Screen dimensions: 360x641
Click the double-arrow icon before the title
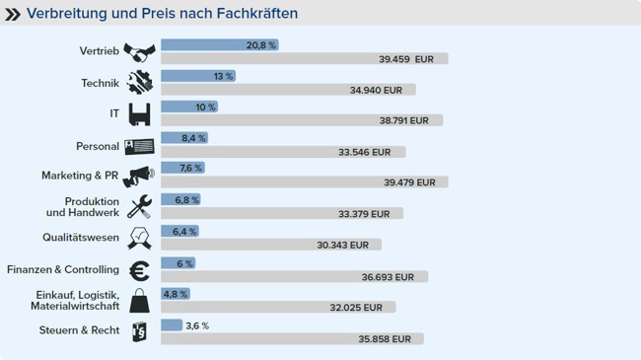(x=13, y=14)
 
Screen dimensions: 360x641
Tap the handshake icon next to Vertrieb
(x=140, y=52)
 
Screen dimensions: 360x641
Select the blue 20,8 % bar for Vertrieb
(x=219, y=45)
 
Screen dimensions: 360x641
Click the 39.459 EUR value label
(x=405, y=59)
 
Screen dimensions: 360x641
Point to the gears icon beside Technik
(x=140, y=84)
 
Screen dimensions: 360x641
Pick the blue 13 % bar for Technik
(x=197, y=76)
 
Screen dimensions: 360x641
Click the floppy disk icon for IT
(x=140, y=114)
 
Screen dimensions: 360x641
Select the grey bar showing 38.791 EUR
(x=301, y=120)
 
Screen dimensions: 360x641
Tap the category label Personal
(x=98, y=146)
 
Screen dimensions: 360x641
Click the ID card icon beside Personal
(x=140, y=146)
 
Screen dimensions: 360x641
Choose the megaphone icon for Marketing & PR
(x=140, y=176)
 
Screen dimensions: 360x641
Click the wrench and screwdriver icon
(x=140, y=207)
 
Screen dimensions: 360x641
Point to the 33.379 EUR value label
(x=364, y=213)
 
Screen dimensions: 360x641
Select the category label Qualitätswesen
(x=81, y=238)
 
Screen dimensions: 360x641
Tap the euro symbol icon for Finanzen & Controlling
(x=140, y=269)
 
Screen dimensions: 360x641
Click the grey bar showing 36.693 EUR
(x=294, y=277)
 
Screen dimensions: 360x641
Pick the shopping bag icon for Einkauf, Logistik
(x=140, y=300)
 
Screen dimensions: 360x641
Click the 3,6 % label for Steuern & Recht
(x=197, y=325)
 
